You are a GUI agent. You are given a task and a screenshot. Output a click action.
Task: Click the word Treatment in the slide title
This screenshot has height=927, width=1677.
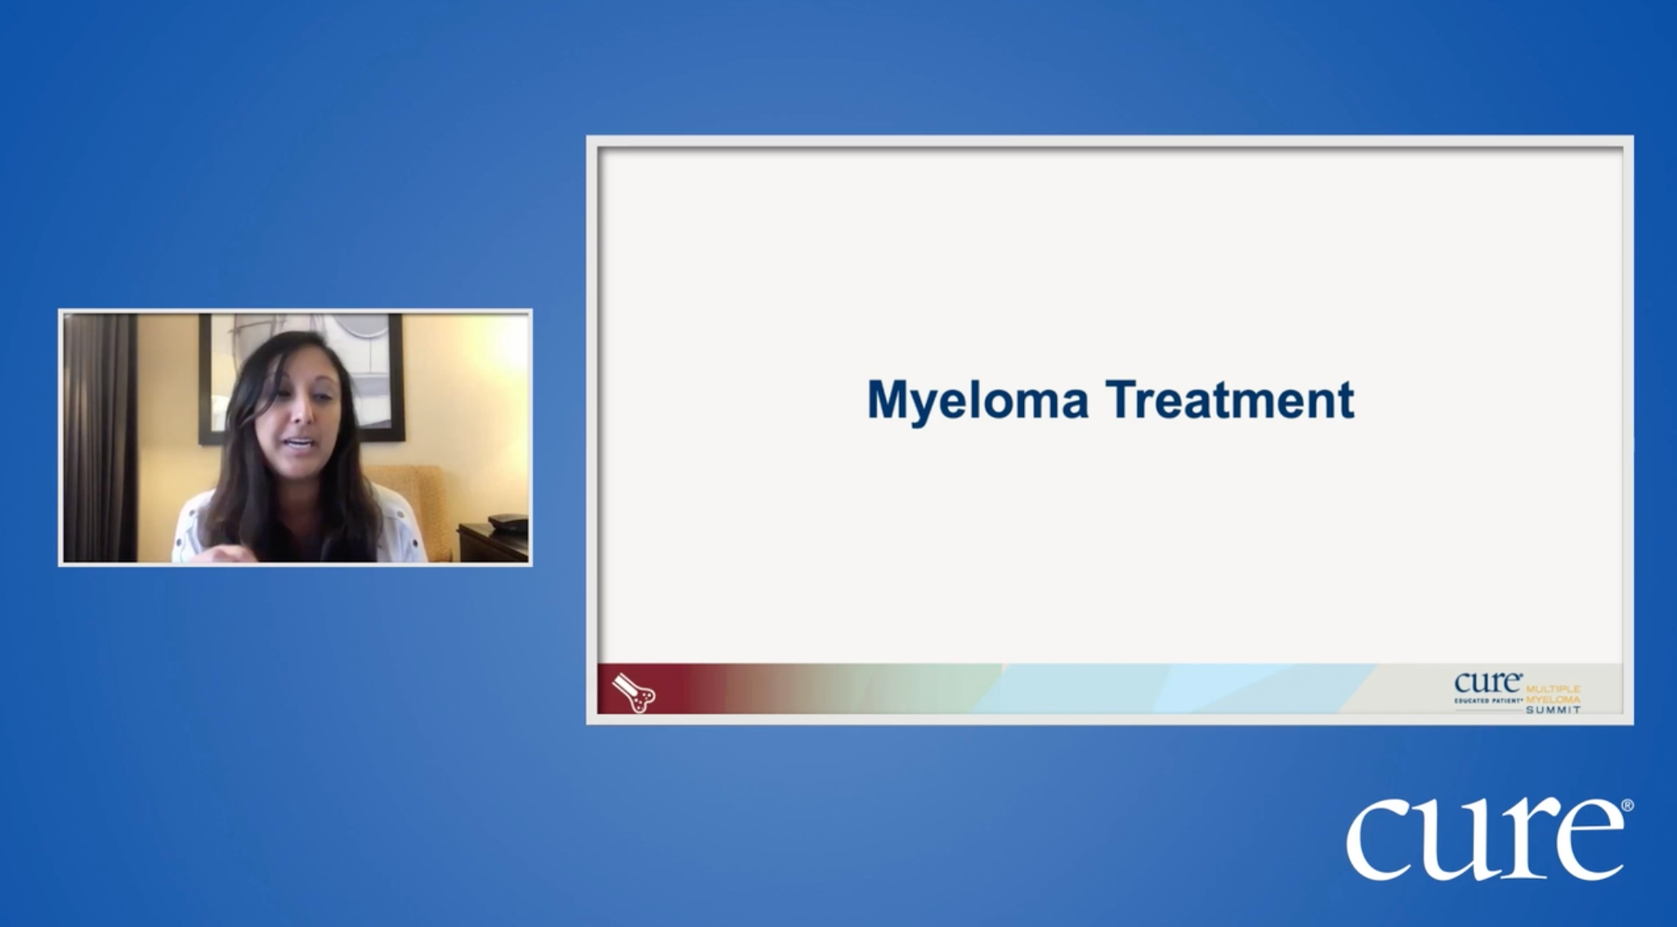click(1230, 400)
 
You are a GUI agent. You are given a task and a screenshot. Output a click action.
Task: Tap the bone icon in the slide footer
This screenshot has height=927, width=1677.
click(633, 692)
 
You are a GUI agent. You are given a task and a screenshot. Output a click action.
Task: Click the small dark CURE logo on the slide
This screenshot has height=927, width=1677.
click(1487, 683)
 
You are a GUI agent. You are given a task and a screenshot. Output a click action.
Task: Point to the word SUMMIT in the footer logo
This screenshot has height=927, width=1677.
click(1553, 710)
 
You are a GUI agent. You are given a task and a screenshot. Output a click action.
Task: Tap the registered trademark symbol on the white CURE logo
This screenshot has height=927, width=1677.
click(1627, 805)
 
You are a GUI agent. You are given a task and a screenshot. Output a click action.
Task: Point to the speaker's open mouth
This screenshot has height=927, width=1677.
click(301, 445)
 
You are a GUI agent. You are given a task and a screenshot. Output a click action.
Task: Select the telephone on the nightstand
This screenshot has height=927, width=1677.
click(508, 521)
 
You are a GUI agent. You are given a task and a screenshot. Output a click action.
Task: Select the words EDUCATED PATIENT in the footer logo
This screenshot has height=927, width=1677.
click(1488, 701)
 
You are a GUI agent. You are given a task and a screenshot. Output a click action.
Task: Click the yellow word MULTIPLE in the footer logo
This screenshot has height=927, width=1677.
click(1553, 690)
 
